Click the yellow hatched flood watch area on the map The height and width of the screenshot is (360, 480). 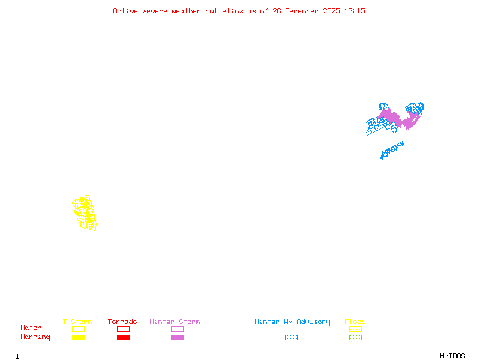(84, 212)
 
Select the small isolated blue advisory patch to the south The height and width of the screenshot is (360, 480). (391, 150)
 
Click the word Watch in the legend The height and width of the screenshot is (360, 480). (31, 328)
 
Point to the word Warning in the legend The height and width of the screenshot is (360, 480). (35, 337)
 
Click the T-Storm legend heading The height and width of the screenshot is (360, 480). (77, 322)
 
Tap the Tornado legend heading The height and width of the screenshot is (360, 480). (122, 322)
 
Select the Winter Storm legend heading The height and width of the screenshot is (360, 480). (175, 322)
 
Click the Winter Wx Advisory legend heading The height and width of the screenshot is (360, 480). (292, 322)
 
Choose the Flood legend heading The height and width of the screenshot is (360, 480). (355, 322)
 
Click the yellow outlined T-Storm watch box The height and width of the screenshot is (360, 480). (78, 329)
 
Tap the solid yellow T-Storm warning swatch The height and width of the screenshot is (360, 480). (78, 338)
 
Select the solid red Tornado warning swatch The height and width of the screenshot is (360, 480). (123, 338)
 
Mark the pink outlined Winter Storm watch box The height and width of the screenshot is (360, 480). (177, 329)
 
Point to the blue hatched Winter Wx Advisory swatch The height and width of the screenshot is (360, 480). (291, 338)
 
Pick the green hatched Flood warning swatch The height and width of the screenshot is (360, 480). (355, 338)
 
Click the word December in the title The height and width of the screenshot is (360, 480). (306, 11)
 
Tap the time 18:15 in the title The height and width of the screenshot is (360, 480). (355, 11)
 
